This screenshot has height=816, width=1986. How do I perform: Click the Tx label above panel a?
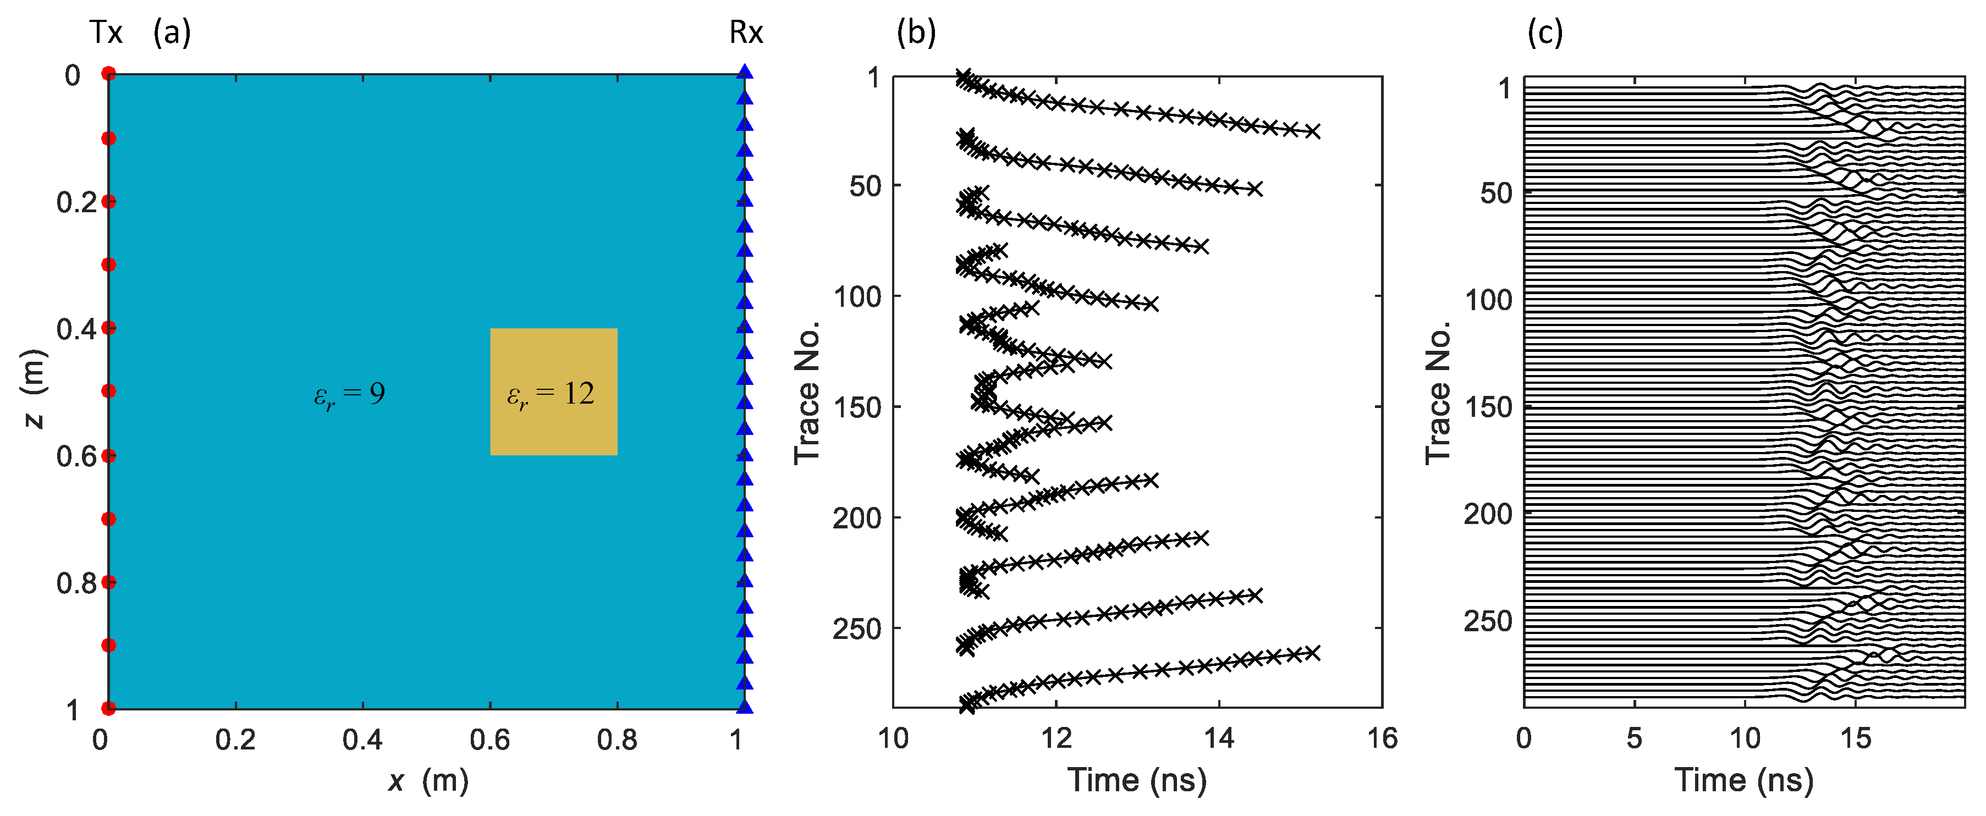(x=106, y=32)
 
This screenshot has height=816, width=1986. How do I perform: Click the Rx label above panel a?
(x=746, y=32)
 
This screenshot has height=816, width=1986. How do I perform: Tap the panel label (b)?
(x=916, y=32)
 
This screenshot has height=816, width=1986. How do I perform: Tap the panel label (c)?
(x=1544, y=32)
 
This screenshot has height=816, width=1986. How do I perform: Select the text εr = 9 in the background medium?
(x=349, y=394)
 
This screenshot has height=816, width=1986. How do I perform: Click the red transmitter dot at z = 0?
(x=109, y=74)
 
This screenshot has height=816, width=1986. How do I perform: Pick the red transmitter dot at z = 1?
(x=109, y=707)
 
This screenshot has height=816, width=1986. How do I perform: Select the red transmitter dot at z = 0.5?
(x=109, y=390)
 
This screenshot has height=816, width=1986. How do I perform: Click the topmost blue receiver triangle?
(x=744, y=73)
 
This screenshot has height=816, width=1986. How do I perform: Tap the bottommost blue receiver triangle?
(x=744, y=706)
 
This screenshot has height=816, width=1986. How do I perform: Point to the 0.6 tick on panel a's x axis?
(x=489, y=740)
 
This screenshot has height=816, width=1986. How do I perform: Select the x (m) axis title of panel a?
(x=428, y=781)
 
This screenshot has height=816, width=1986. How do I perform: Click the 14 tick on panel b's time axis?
(x=1219, y=738)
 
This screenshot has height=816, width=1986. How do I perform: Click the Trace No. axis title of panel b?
(x=806, y=393)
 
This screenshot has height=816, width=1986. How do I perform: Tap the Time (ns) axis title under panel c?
(x=1744, y=780)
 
